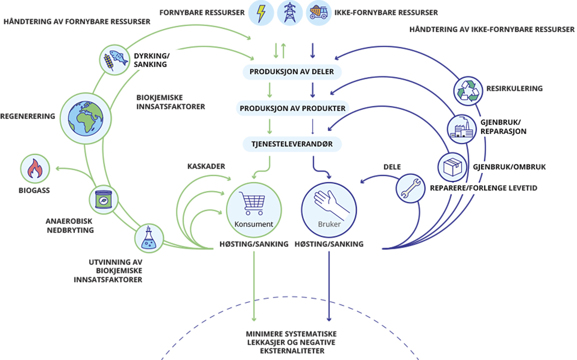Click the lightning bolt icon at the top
[260, 13]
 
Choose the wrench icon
[409, 186]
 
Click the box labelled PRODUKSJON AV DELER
[292, 72]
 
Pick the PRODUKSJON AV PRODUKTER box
[293, 108]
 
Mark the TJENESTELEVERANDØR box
[292, 143]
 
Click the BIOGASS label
[35, 191]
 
